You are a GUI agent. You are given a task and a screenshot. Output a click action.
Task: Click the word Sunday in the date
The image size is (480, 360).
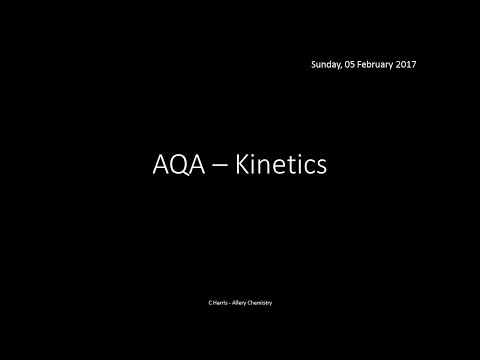[x=329, y=65]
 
